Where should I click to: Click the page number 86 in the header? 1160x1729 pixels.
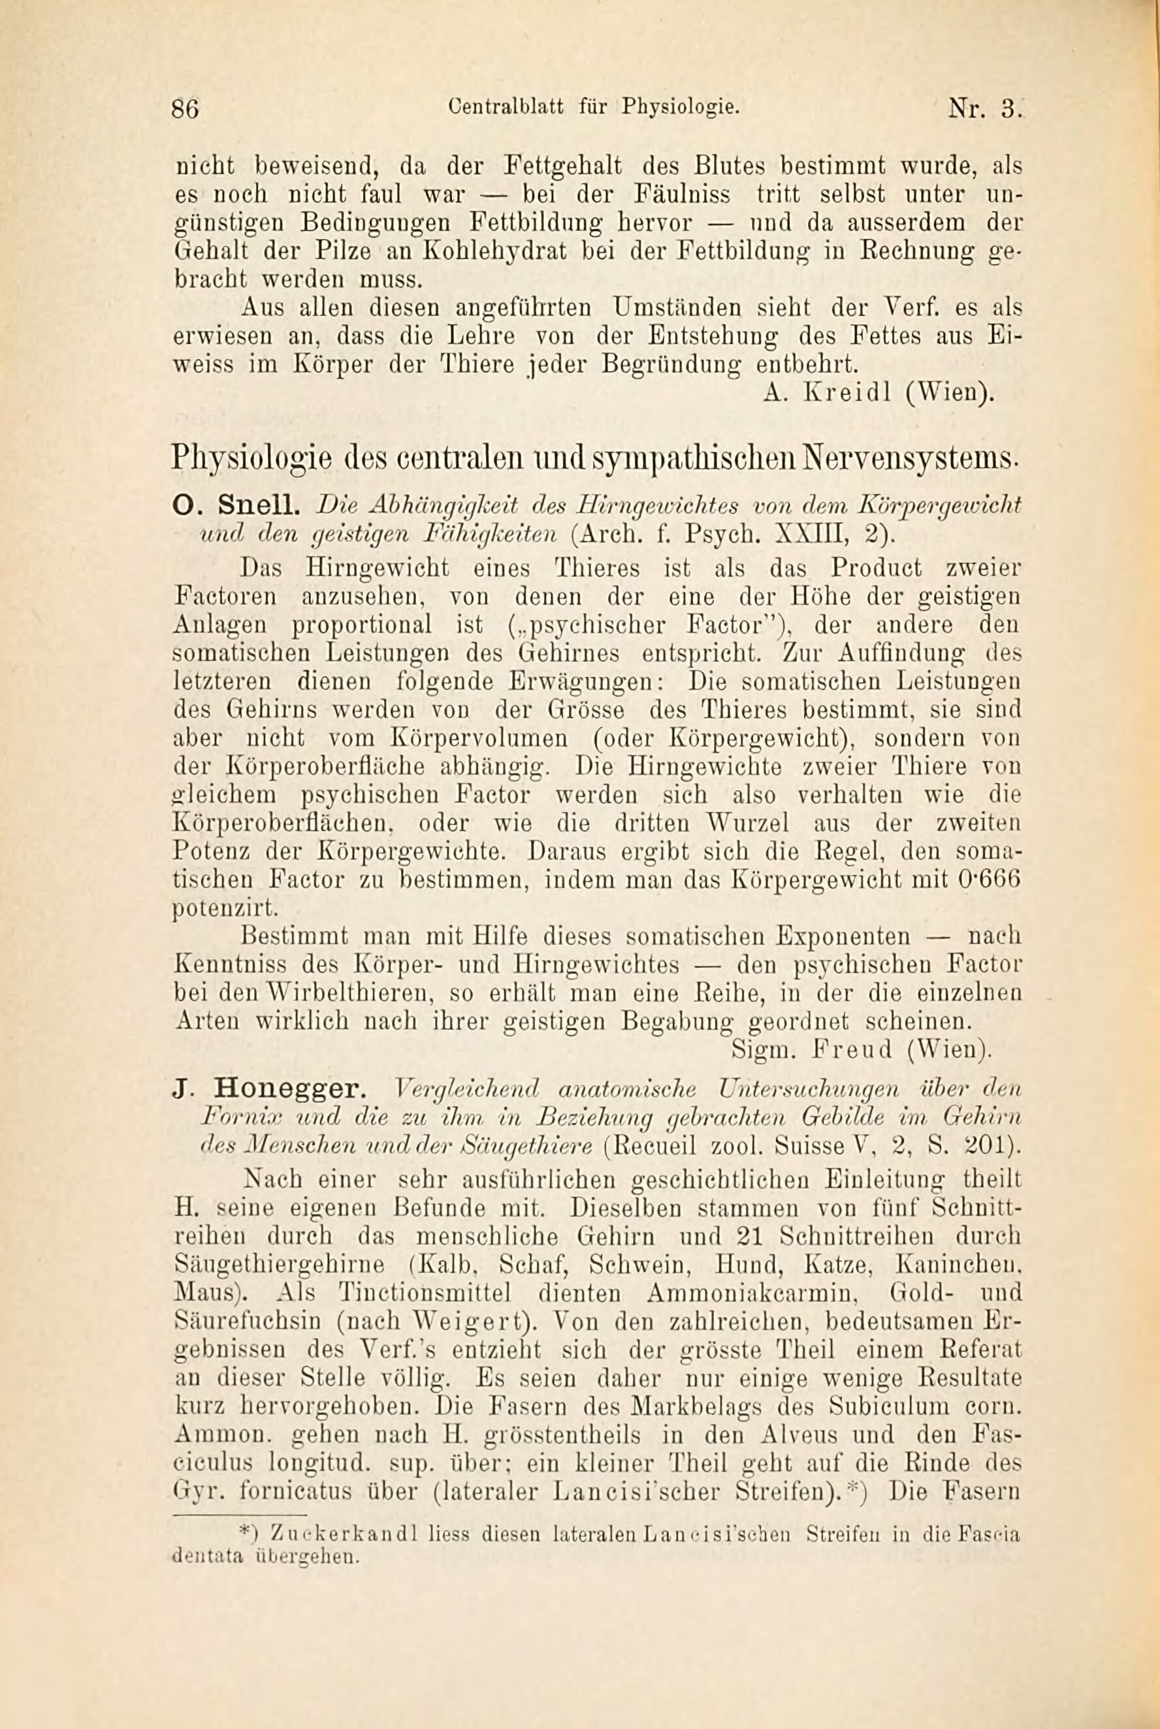[185, 108]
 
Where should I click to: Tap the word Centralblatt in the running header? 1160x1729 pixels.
[506, 106]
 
